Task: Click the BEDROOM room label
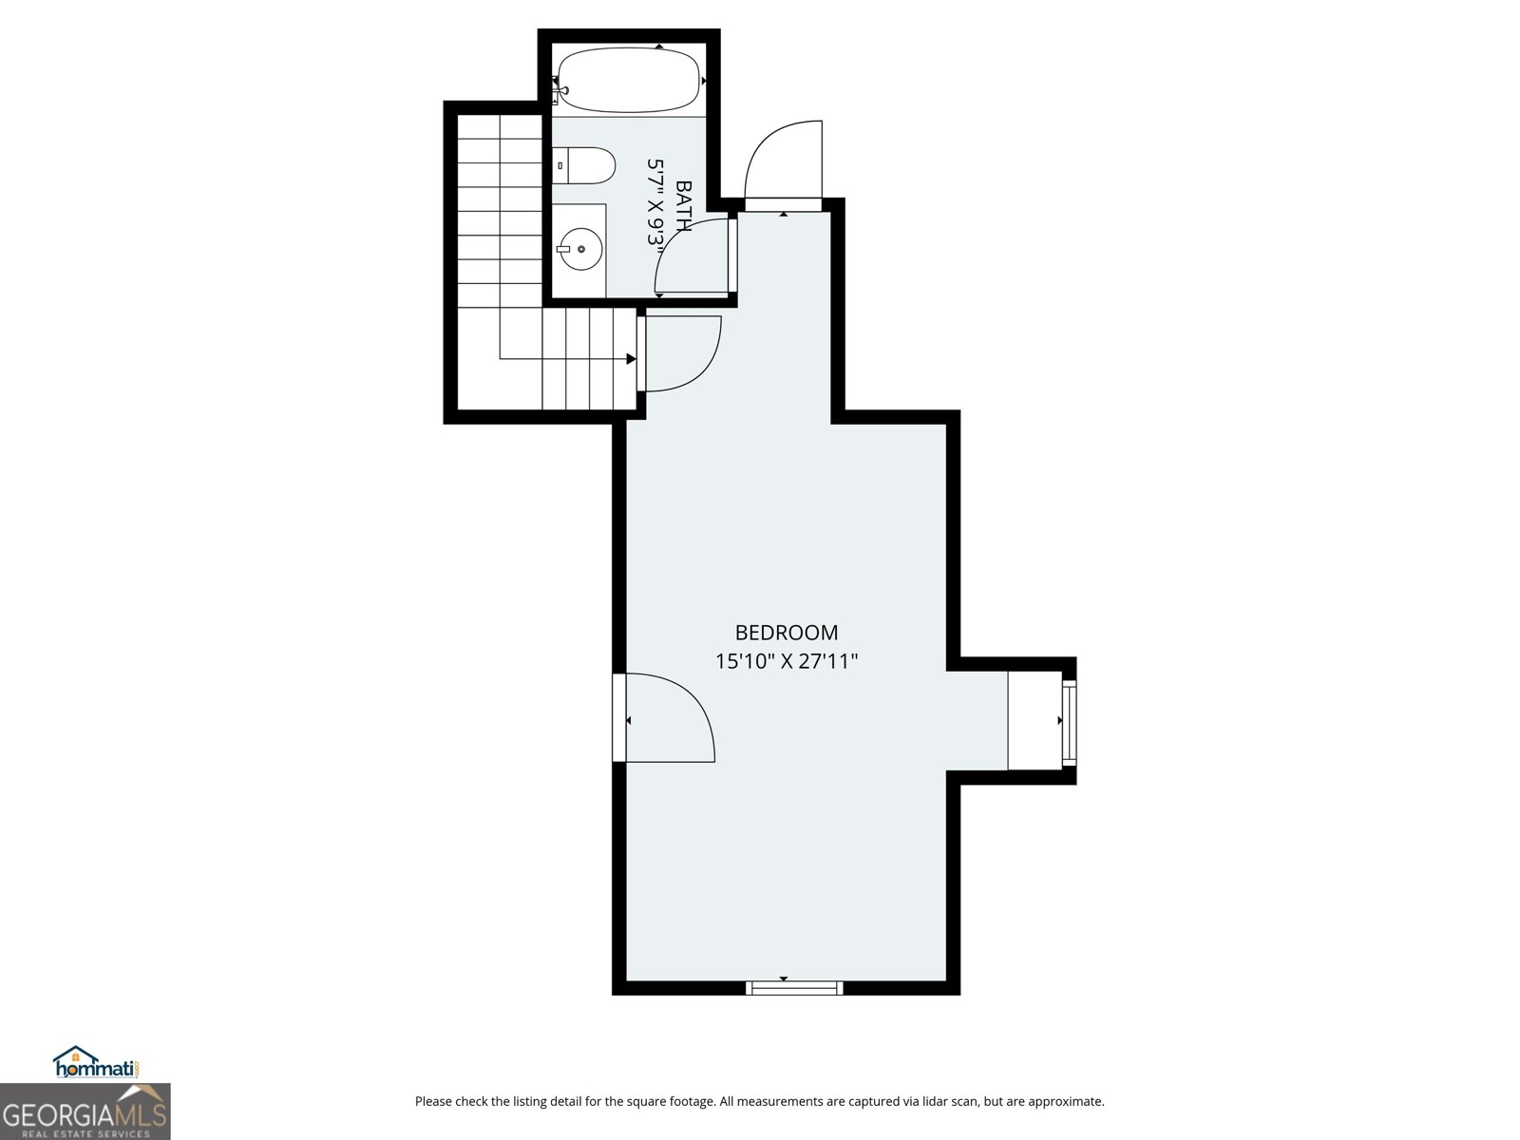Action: click(x=787, y=633)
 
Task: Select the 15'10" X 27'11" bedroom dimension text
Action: click(x=787, y=661)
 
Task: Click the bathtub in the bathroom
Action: click(x=629, y=82)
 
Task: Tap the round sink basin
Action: click(x=579, y=250)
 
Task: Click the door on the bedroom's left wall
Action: click(x=665, y=717)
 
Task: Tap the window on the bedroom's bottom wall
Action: click(x=795, y=988)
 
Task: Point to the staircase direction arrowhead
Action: click(x=631, y=359)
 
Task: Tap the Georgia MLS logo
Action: click(x=85, y=1111)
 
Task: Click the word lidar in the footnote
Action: click(x=913, y=1102)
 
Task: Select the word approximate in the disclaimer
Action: click(x=1065, y=1102)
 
